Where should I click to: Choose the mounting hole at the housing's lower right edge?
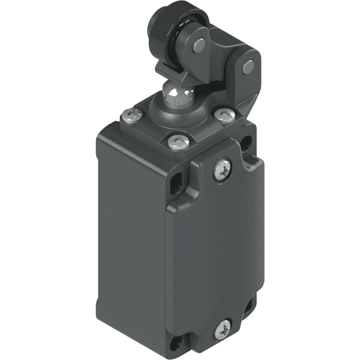click(248, 308)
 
